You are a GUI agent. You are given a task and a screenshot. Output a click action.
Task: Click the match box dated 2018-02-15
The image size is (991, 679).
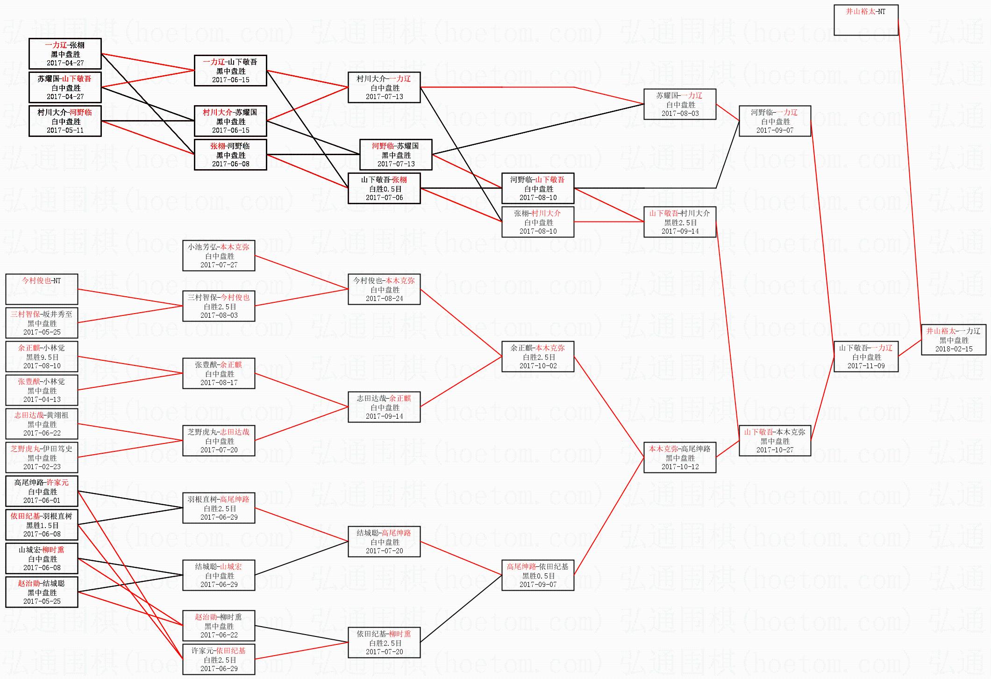click(x=953, y=340)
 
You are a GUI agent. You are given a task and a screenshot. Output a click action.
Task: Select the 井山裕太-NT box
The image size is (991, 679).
click(x=866, y=20)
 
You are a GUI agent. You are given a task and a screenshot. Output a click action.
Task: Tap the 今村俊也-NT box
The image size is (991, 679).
click(x=42, y=289)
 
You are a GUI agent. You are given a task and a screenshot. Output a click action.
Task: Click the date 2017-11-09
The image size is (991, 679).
click(x=866, y=366)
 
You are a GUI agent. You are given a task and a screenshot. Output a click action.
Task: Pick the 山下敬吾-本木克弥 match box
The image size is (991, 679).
click(x=775, y=441)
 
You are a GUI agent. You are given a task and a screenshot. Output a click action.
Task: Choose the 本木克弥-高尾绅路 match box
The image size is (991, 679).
click(x=680, y=457)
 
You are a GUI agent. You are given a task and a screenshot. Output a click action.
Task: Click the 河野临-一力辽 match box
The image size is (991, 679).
click(x=775, y=121)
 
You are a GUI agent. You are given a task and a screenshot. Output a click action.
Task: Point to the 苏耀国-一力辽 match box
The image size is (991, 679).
click(x=680, y=104)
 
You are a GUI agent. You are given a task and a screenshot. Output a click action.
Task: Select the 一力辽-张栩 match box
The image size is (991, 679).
click(x=65, y=54)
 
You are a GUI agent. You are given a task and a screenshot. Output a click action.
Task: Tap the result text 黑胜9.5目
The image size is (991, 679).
click(x=42, y=357)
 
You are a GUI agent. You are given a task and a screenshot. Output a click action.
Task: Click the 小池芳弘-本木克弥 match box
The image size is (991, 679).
click(x=219, y=256)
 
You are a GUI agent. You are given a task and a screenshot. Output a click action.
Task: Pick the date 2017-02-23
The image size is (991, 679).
click(x=42, y=466)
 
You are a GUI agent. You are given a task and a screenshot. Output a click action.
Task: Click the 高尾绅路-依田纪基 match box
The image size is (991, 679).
click(x=538, y=575)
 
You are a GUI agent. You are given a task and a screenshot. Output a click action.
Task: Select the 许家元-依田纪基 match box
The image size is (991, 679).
click(x=219, y=659)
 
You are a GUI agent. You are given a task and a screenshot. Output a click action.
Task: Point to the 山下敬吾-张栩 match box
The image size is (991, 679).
click(x=384, y=188)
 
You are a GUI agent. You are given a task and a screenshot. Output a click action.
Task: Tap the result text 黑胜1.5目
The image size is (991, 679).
click(x=42, y=525)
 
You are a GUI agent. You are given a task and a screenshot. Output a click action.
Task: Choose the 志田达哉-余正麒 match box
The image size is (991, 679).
click(x=384, y=407)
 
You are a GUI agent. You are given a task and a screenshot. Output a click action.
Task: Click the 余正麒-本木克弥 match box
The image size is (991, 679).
click(x=538, y=357)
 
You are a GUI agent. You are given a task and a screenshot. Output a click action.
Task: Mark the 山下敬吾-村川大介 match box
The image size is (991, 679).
click(x=680, y=222)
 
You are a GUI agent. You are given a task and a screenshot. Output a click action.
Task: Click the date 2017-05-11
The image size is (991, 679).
click(x=65, y=130)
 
